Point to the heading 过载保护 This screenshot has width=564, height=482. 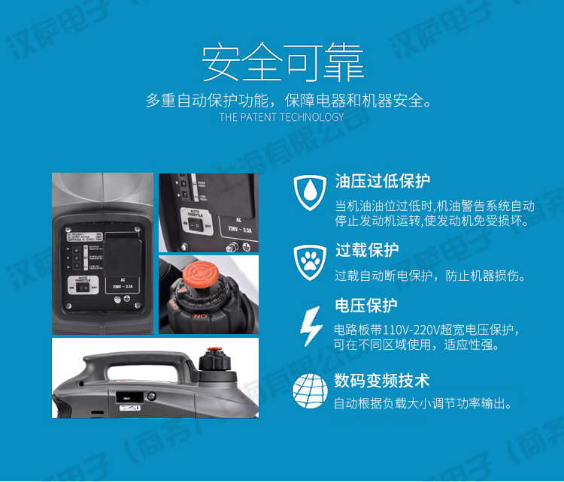pyautogui.click(x=366, y=250)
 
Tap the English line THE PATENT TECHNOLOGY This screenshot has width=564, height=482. pyautogui.click(x=281, y=117)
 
